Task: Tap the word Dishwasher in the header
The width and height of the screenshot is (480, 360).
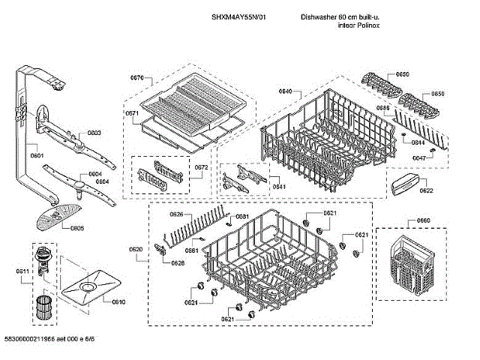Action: click(x=317, y=16)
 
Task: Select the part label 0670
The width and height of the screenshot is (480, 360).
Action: click(x=136, y=78)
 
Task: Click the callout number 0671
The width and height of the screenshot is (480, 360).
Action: click(x=132, y=113)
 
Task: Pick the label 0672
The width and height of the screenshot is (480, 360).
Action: click(x=201, y=167)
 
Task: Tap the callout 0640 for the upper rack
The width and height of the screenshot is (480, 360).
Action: click(x=285, y=91)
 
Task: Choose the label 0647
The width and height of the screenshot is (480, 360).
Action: click(x=419, y=158)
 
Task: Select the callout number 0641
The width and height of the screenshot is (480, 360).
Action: click(x=278, y=186)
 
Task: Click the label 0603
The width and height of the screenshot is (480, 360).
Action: click(x=94, y=133)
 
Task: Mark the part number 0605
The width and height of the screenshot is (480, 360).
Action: click(x=77, y=229)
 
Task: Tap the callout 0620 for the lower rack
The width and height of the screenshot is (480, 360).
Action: click(x=136, y=249)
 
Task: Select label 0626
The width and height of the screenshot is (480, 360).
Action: click(x=176, y=215)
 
